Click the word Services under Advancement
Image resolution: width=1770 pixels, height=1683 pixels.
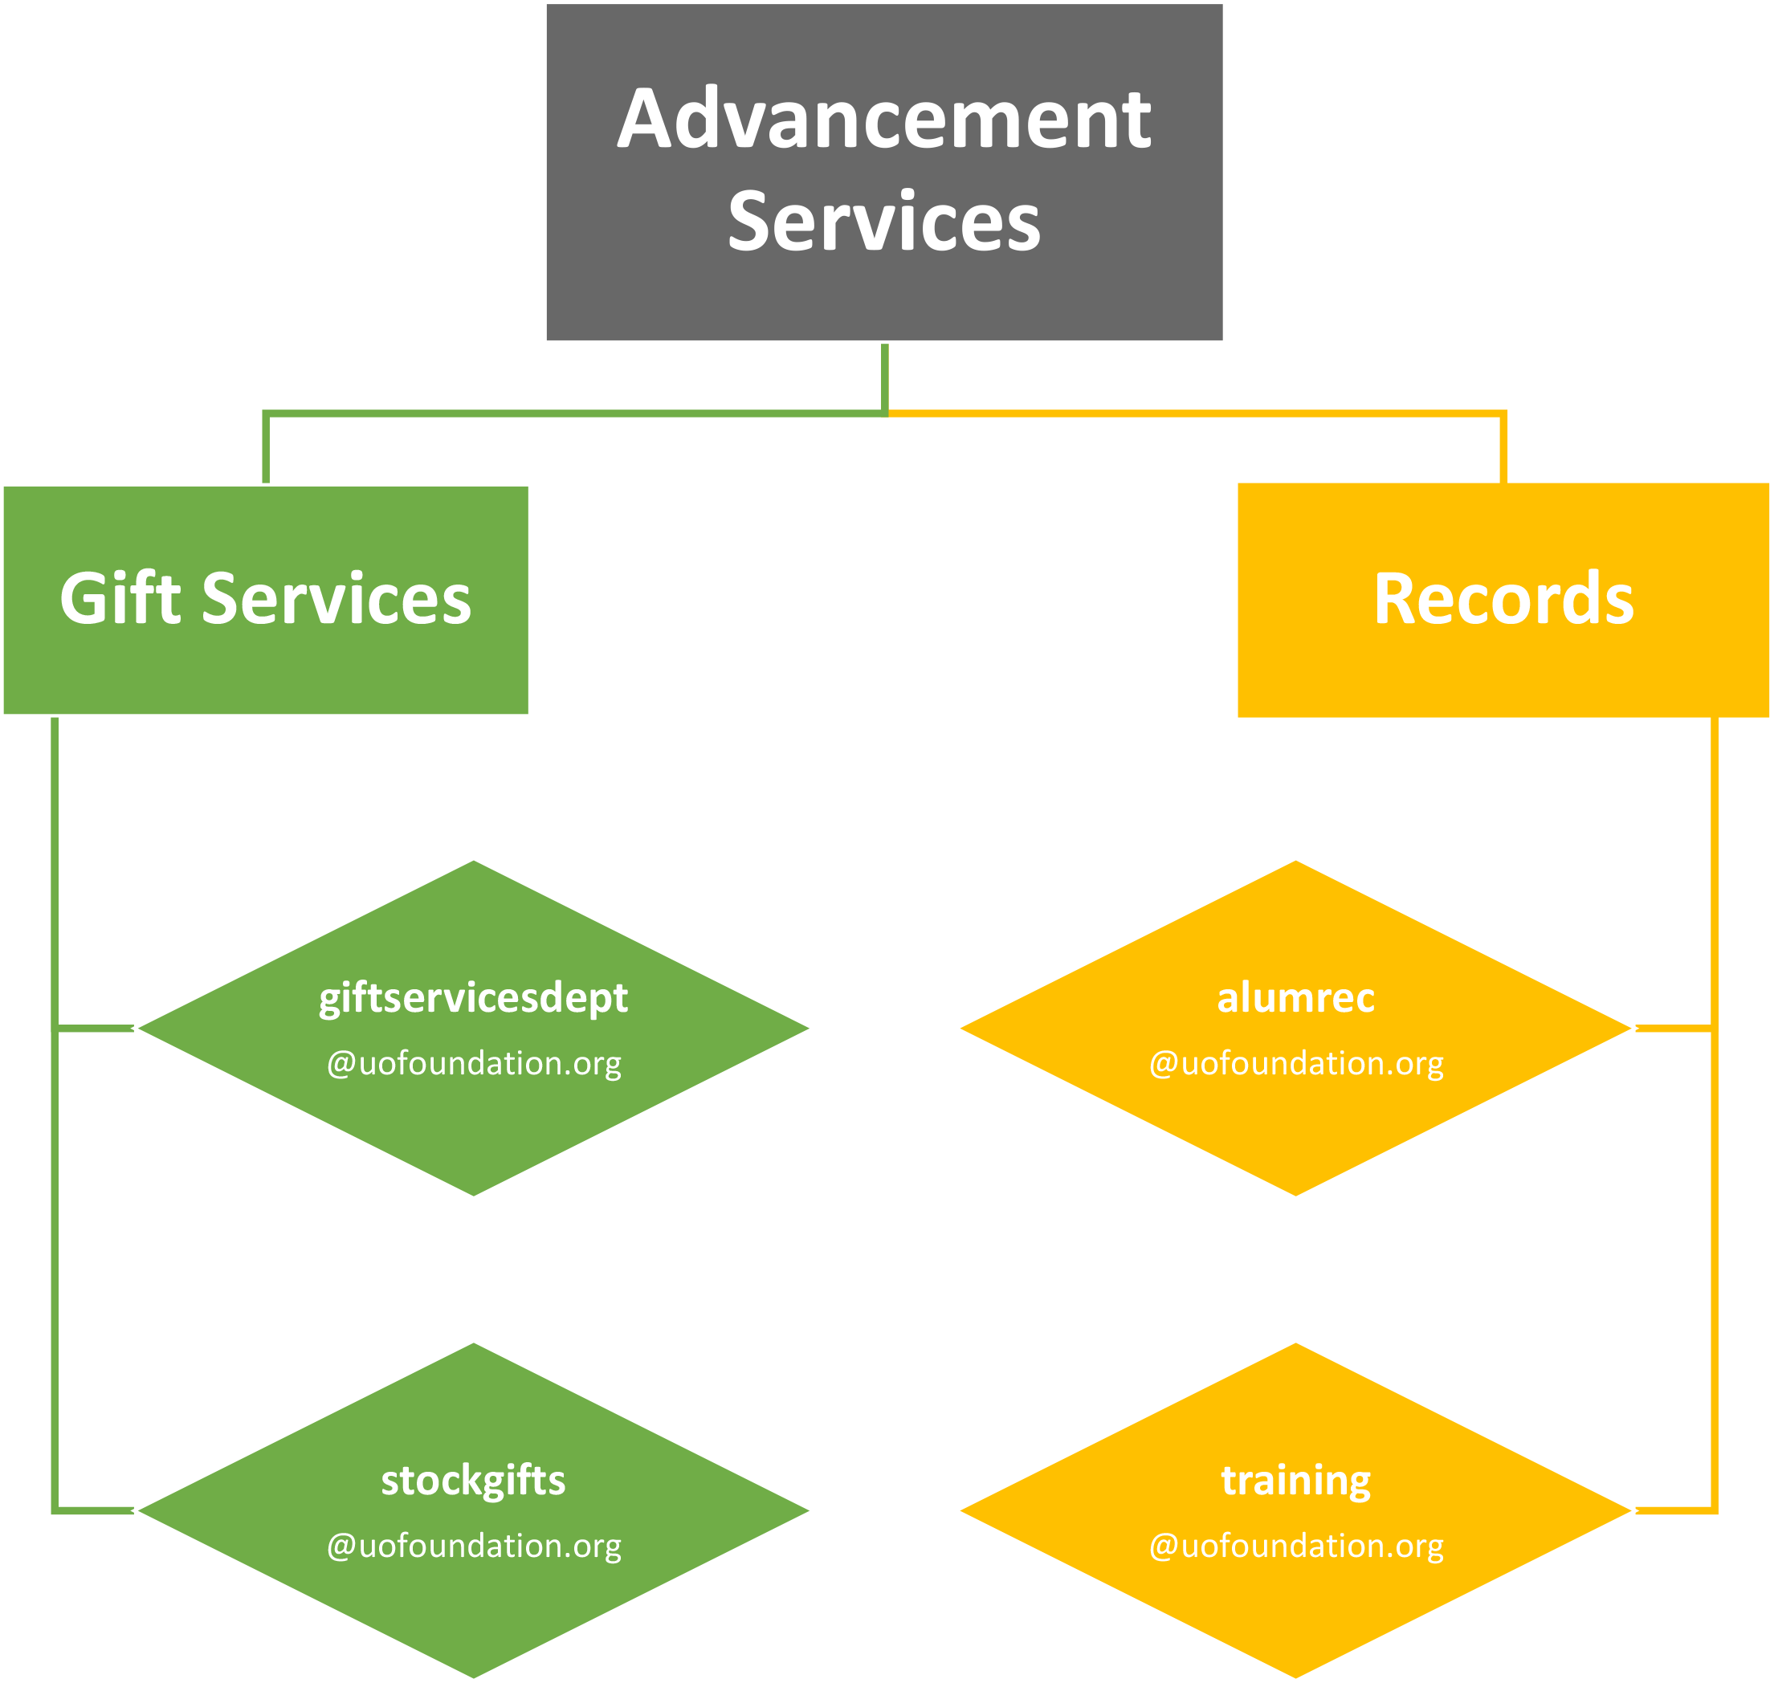pyautogui.click(x=883, y=222)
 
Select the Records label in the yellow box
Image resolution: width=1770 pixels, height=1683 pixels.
pyautogui.click(x=1503, y=598)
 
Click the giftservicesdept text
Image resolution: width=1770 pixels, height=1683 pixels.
pyautogui.click(x=474, y=997)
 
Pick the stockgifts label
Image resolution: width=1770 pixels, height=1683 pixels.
pyautogui.click(x=474, y=1480)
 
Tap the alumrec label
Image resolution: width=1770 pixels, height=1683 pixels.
pyautogui.click(x=1295, y=997)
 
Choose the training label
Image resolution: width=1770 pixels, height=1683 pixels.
pyautogui.click(x=1295, y=1480)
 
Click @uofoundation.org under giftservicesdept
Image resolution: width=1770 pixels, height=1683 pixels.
pyautogui.click(x=474, y=1063)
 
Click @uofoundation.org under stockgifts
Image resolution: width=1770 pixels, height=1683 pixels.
pyautogui.click(x=474, y=1546)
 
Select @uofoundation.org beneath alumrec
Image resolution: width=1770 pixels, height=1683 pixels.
pyautogui.click(x=1295, y=1063)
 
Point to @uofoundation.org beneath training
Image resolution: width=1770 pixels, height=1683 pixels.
pyautogui.click(x=1295, y=1546)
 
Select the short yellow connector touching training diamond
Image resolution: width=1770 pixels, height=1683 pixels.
pyautogui.click(x=1674, y=1510)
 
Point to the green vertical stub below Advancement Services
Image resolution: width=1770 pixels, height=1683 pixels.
pyautogui.click(x=884, y=377)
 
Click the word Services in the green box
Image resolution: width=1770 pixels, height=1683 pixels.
pyautogui.click(x=336, y=598)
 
